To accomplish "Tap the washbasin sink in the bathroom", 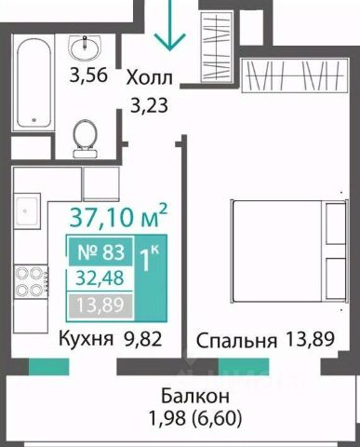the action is (85, 47).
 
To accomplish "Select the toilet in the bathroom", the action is (85, 139).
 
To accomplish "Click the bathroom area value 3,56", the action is (88, 75).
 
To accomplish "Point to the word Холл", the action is (149, 77).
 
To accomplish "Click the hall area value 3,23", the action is (150, 105).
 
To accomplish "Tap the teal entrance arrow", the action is (170, 25).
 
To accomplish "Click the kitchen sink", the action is (27, 210).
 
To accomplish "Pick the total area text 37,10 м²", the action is (118, 216).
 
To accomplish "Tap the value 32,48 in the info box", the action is (100, 278).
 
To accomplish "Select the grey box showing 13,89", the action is (100, 305).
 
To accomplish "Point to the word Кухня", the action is (86, 339).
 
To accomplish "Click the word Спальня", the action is (236, 341).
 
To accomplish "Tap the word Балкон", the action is (195, 396).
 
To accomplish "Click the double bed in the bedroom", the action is (288, 251).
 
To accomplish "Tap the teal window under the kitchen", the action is (48, 367).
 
